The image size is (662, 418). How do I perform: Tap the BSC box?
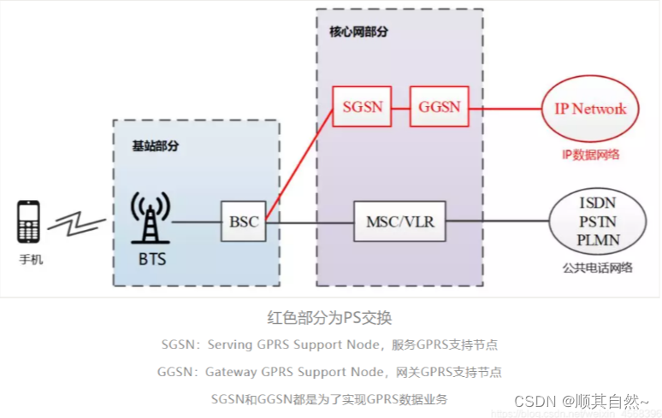pyautogui.click(x=243, y=222)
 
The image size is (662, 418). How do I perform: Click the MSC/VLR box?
pyautogui.click(x=399, y=222)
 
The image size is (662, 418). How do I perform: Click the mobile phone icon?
pyautogui.click(x=27, y=222)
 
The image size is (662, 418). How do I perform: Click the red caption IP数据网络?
pyautogui.click(x=591, y=155)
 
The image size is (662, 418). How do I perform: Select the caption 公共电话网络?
pyautogui.click(x=599, y=268)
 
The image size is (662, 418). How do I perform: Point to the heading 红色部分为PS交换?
pyautogui.click(x=330, y=318)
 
